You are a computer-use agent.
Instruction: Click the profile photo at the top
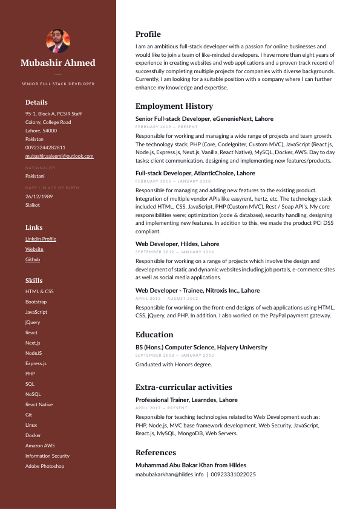point(58,41)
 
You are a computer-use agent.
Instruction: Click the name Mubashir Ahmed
point(58,63)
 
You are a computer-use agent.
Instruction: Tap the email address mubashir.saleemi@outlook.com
point(59,156)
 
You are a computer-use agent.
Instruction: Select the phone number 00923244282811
point(45,148)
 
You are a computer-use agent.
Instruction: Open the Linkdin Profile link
point(41,239)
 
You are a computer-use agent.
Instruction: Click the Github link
point(33,259)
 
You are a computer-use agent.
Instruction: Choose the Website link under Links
point(34,249)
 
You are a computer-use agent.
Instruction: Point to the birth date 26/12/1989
point(39,196)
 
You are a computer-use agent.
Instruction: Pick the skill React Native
point(39,404)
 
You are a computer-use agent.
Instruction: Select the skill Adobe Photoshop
point(44,466)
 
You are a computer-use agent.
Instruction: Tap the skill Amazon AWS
point(40,446)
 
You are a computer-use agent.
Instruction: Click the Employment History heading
point(174,106)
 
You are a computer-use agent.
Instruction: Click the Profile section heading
point(148,34)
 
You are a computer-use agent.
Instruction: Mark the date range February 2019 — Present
point(166,128)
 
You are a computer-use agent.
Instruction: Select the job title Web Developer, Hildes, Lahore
point(177,244)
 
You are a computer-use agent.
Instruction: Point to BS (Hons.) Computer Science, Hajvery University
point(201,348)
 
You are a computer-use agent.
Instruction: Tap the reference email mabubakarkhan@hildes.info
point(169,475)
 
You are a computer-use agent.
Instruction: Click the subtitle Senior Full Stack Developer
point(58,83)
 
